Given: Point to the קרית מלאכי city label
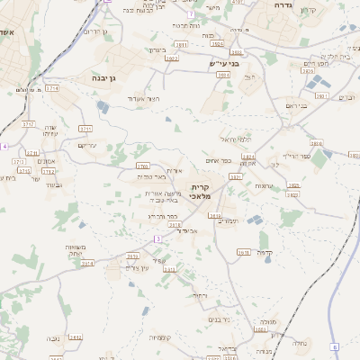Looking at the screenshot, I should pos(199,190).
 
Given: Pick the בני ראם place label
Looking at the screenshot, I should pos(296,105).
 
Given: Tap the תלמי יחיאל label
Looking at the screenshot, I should pos(236,139).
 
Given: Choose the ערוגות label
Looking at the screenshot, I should pos(264,185).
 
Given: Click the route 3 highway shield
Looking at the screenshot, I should pos(157,238).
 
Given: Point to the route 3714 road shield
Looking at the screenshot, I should pos(51,89).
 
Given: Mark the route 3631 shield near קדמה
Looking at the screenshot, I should pos(243,253).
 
